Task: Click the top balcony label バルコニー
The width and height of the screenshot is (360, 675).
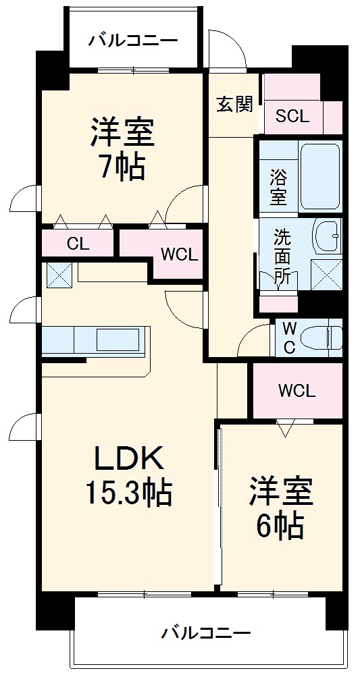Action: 133,40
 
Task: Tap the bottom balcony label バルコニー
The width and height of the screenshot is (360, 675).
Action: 205,633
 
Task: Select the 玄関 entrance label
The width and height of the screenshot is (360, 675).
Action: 234,105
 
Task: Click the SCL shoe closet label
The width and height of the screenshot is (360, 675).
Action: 292,115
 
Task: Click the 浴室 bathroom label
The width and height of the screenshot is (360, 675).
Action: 278,187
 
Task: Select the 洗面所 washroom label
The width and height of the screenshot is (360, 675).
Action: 282,256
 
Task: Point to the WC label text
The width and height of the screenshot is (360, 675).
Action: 288,337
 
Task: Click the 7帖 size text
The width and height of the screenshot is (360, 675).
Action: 123,168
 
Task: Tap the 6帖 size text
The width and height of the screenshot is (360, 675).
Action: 280,526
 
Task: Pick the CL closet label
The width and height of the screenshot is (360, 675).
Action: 78,244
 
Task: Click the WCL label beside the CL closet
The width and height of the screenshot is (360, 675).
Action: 178,255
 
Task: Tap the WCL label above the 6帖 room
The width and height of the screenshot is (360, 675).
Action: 297,391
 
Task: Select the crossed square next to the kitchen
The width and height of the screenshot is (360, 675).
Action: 57,275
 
